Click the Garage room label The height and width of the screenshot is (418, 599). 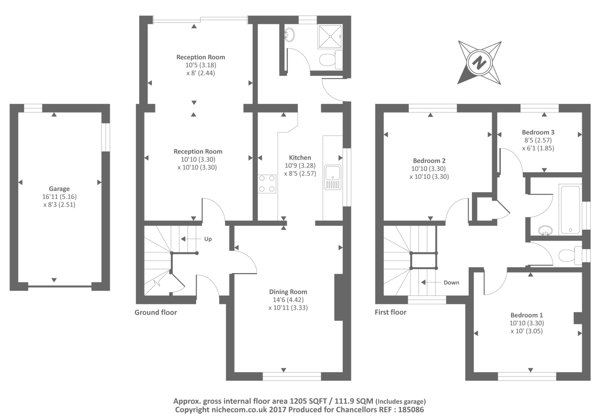(59, 189)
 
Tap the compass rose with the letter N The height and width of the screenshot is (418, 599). (479, 62)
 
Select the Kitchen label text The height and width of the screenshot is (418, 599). (299, 158)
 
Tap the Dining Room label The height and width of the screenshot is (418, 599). (288, 292)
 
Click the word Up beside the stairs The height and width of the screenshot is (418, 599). (208, 239)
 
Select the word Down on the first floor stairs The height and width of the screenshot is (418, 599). (451, 283)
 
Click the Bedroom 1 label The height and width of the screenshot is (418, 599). (526, 315)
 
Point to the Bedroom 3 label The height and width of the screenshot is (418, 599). (538, 132)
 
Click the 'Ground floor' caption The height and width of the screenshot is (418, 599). (156, 312)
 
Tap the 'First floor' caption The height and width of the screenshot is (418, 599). (390, 312)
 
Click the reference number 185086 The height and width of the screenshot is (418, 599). (411, 410)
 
